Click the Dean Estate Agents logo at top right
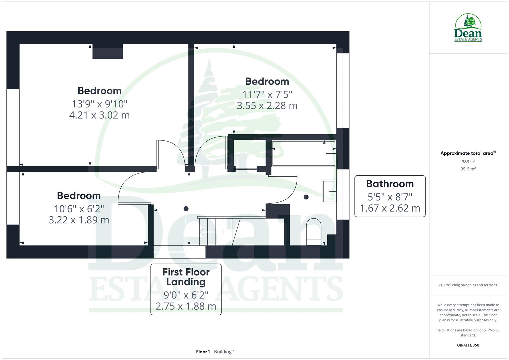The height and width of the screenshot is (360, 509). pos(468,28)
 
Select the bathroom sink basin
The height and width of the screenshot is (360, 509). pos(329,191)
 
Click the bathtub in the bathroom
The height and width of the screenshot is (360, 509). pos(304,153)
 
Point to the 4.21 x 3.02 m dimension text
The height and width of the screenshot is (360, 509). pos(99,115)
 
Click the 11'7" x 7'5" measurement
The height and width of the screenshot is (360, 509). pos(267,95)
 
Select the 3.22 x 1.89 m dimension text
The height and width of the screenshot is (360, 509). pos(79,220)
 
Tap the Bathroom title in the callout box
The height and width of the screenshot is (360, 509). pos(390,184)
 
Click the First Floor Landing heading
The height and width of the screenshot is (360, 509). pos(186,277)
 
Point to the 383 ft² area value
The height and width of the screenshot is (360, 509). pos(468,162)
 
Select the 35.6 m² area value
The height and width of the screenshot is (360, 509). pos(468,169)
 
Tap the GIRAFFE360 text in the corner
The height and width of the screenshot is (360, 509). pos(468,345)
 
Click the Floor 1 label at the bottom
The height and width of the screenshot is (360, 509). pos(203,352)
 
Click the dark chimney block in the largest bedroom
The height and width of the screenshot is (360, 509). pos(108,51)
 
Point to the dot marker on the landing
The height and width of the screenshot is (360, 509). pos(186,209)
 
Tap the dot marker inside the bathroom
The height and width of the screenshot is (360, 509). pos(306,197)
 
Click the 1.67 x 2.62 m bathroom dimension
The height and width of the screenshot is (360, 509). pos(390,208)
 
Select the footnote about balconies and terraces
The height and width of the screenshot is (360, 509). pos(468,285)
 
